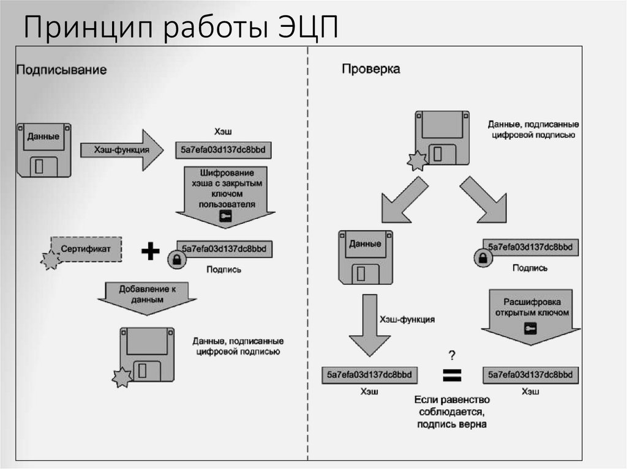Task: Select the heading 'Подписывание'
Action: click(61, 70)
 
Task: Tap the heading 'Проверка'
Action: click(370, 69)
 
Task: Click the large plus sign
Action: click(150, 251)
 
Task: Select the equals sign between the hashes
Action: click(452, 375)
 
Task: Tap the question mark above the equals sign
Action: click(452, 355)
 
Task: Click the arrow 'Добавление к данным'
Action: click(147, 295)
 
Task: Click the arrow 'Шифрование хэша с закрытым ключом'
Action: click(225, 194)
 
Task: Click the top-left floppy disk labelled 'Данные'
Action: click(44, 150)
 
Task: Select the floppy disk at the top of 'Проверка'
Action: click(441, 138)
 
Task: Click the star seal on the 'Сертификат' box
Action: click(50, 260)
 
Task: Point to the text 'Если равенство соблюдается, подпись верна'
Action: click(452, 412)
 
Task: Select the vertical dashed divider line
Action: click(308, 257)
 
